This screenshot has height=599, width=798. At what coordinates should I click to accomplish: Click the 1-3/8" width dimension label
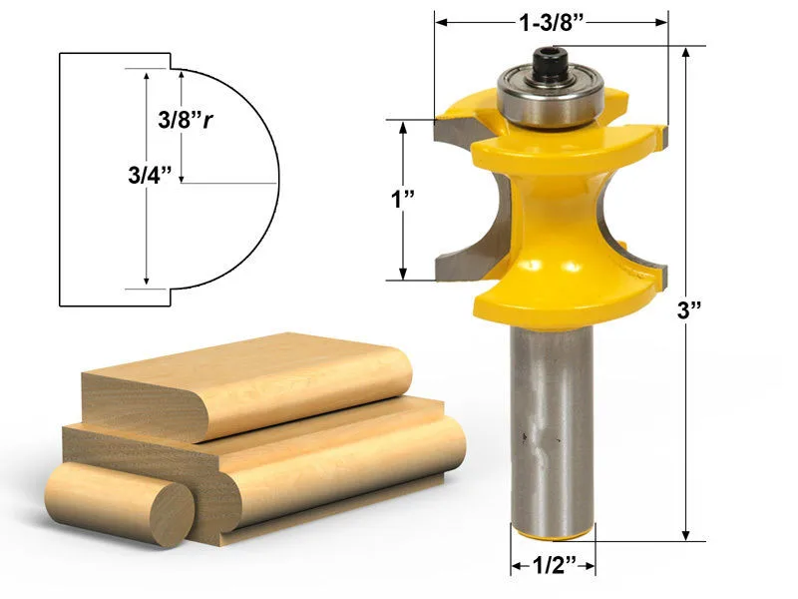[x=552, y=21]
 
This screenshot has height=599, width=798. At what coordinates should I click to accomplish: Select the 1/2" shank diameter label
[x=553, y=567]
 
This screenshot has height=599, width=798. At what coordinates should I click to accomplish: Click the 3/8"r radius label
[x=189, y=120]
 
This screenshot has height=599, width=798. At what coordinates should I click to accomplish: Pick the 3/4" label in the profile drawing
[x=150, y=176]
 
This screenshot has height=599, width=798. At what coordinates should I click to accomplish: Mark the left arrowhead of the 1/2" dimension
[x=516, y=567]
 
